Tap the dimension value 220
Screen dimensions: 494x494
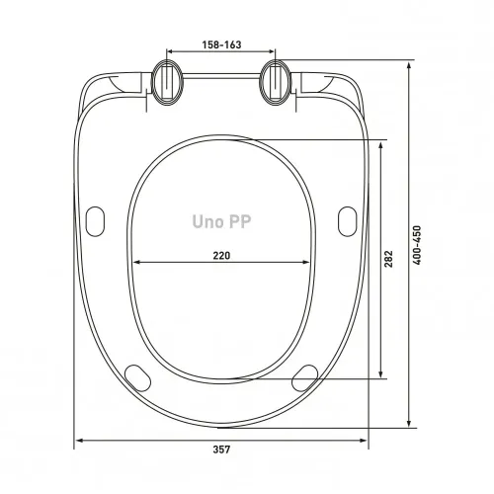pyautogui.click(x=221, y=255)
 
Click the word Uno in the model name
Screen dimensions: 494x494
pyautogui.click(x=207, y=222)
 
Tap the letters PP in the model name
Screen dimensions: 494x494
pyautogui.click(x=240, y=222)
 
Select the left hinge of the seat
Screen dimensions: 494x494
pyautogui.click(x=167, y=83)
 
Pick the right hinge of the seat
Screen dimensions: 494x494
pyautogui.click(x=276, y=83)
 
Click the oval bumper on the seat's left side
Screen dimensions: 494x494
pyautogui.click(x=97, y=221)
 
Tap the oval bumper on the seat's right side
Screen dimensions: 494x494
pyautogui.click(x=347, y=221)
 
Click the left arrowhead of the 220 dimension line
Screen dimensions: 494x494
pyautogui.click(x=136, y=263)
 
